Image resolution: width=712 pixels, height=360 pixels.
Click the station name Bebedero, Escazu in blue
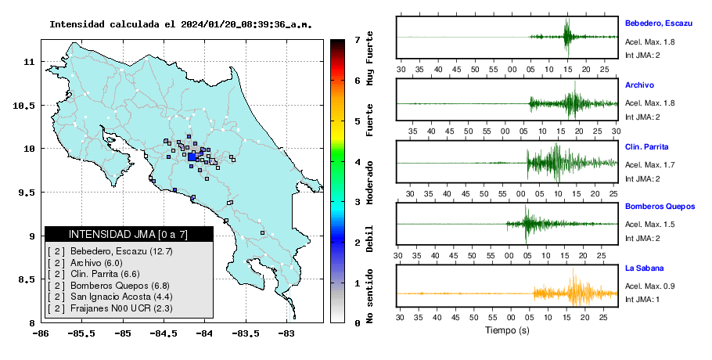point(659,23)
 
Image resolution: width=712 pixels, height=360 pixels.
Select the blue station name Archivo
point(639,85)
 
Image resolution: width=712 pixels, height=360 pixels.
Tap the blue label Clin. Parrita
point(646,146)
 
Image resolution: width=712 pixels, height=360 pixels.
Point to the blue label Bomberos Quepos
point(660,207)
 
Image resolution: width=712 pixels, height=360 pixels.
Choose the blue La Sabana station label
point(645,268)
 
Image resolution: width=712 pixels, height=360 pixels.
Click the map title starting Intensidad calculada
point(181,24)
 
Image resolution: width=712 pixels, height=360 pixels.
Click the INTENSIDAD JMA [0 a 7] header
point(128,234)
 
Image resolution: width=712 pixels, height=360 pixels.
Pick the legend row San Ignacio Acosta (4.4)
point(110,297)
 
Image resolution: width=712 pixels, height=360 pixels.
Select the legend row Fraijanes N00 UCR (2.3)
point(110,308)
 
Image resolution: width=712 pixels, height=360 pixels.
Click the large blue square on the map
point(192,157)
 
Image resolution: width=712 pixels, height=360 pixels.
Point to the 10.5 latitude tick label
point(25,106)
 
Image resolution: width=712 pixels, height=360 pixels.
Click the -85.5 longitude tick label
point(81,334)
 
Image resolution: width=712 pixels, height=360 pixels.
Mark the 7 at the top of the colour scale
point(358,40)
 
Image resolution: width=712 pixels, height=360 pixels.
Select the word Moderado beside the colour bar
point(369,182)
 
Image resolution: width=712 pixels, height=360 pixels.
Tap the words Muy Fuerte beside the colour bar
point(369,58)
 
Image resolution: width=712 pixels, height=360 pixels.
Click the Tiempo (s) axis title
point(507,330)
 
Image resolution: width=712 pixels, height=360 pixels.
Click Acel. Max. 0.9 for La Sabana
point(649,286)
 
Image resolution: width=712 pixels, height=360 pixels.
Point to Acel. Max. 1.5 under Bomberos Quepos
point(649,225)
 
